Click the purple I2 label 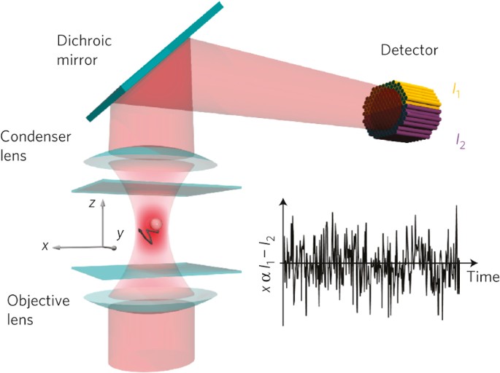pos(460,138)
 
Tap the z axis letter pos(92,204)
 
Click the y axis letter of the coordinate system pos(120,234)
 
